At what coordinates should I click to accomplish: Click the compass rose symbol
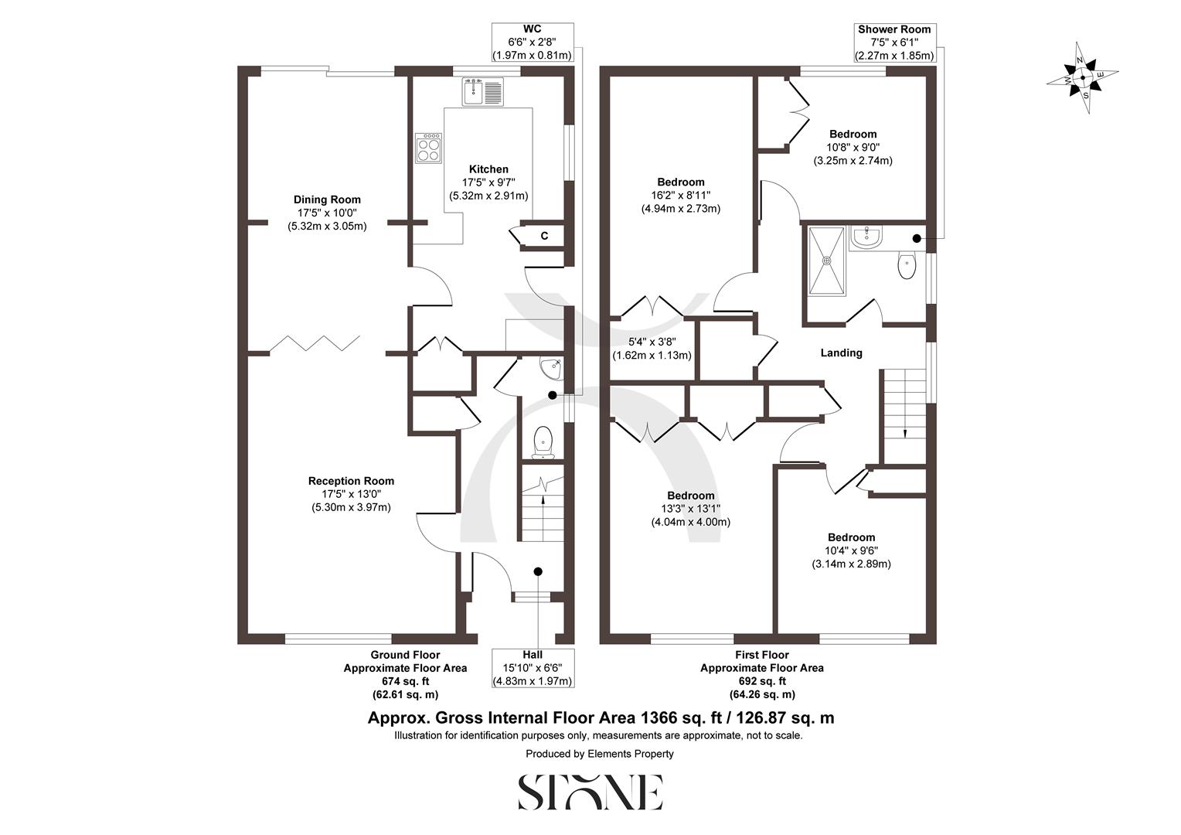coord(1082,78)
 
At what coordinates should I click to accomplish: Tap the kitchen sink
coord(482,91)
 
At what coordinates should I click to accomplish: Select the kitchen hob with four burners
coord(429,148)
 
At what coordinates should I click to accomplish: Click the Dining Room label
coord(327,199)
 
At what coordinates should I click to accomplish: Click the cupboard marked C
coord(544,236)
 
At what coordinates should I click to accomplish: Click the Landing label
coord(841,353)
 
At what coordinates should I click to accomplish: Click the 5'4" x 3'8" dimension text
coord(652,343)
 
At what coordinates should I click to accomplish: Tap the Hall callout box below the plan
coord(533,668)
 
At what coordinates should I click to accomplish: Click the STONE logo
coord(590,792)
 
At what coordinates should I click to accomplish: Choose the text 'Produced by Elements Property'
coord(599,754)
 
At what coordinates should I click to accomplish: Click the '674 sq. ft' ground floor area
coord(405,681)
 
